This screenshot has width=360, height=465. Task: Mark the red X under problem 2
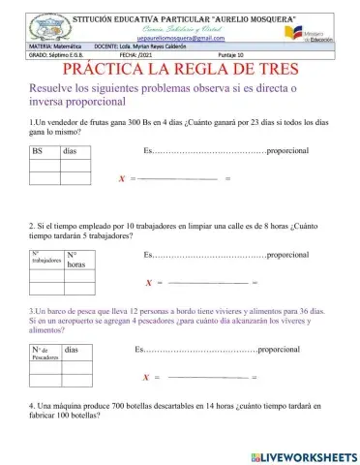click(x=147, y=284)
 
